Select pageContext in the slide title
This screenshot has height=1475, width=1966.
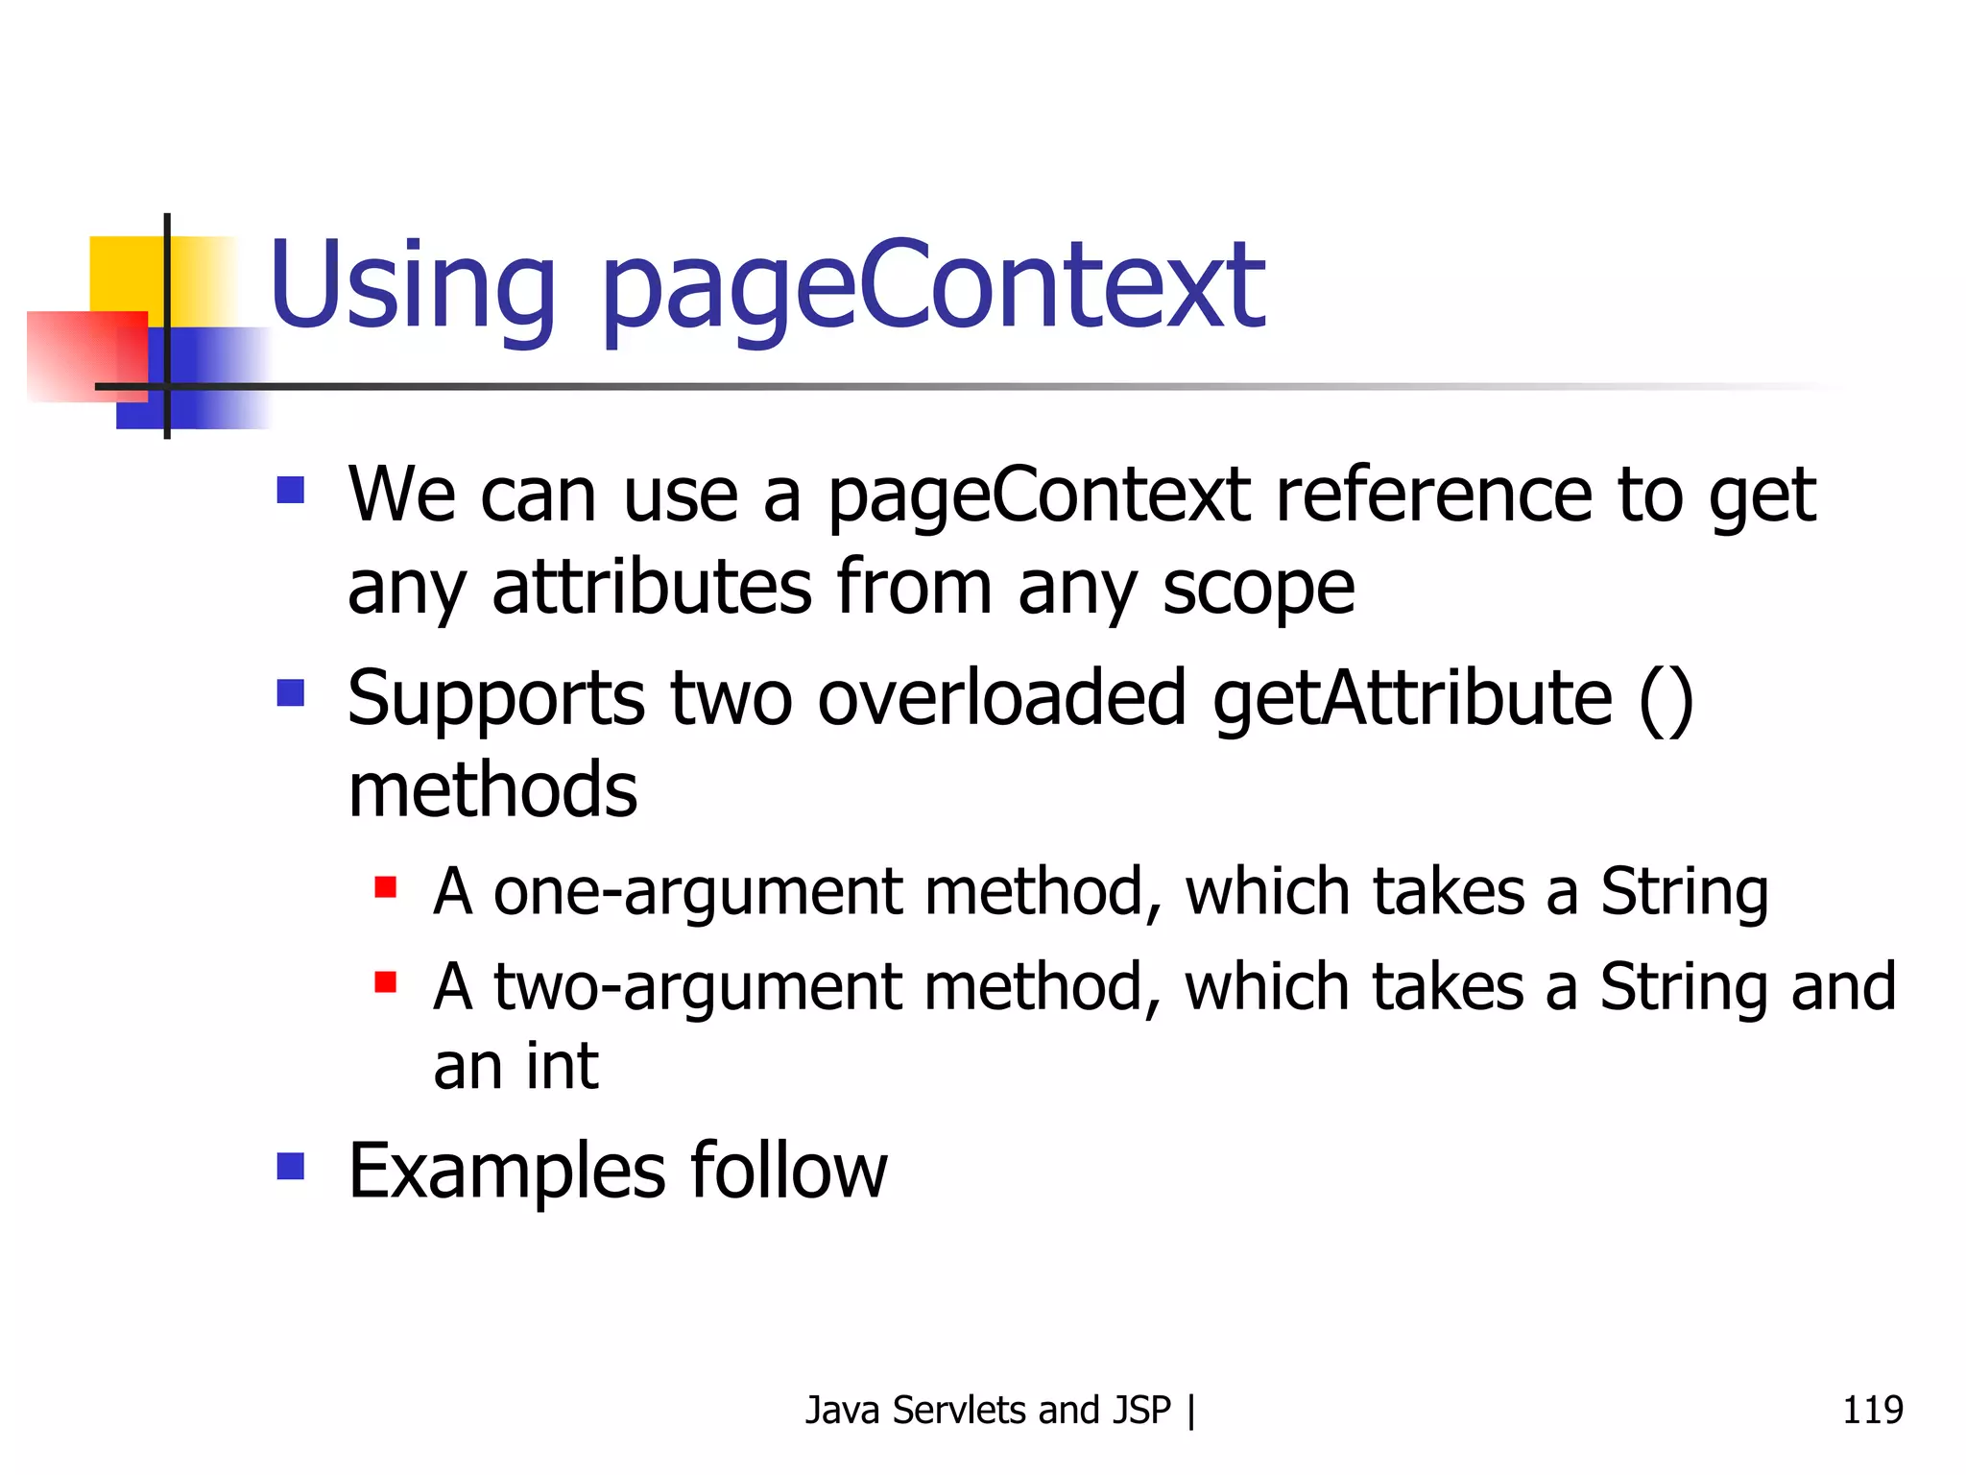pyautogui.click(x=932, y=288)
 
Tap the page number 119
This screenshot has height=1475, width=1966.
pyautogui.click(x=1872, y=1410)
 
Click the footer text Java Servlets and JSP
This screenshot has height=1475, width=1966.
pyautogui.click(x=988, y=1410)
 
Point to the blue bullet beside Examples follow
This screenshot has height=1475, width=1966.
pyautogui.click(x=290, y=1166)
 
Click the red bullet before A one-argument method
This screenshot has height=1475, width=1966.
pyautogui.click(x=386, y=886)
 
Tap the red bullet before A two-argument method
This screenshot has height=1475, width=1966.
pyautogui.click(x=386, y=981)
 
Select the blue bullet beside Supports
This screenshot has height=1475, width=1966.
pyautogui.click(x=290, y=692)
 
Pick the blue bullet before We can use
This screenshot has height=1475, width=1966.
pyautogui.click(x=290, y=490)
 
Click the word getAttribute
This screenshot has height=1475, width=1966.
pyautogui.click(x=1412, y=699)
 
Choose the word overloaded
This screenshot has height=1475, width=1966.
pyautogui.click(x=1002, y=699)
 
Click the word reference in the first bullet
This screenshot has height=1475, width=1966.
pyautogui.click(x=1434, y=496)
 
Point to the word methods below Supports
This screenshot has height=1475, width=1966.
pyautogui.click(x=492, y=789)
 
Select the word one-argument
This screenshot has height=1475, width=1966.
pyautogui.click(x=698, y=891)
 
